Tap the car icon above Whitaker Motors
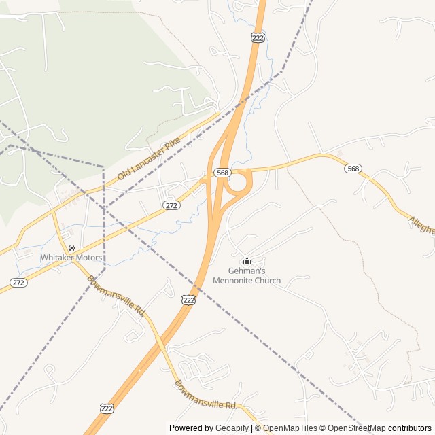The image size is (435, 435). click(71, 248)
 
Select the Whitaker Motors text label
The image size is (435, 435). click(71, 258)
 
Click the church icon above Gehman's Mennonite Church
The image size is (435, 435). click(247, 260)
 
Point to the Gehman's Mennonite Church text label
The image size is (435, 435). click(247, 275)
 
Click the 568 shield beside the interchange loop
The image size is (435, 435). click(222, 173)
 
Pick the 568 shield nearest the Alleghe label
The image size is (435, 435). click(352, 169)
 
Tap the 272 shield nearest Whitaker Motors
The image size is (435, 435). click(18, 282)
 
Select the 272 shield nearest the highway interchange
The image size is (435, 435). click(171, 205)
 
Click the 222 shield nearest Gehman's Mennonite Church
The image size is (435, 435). click(189, 299)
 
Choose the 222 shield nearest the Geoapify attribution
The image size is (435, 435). click(107, 407)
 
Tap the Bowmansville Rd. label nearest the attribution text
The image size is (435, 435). click(206, 395)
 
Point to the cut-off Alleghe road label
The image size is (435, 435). click(421, 225)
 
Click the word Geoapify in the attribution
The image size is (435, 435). click(232, 428)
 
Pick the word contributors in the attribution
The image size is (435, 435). click(410, 428)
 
